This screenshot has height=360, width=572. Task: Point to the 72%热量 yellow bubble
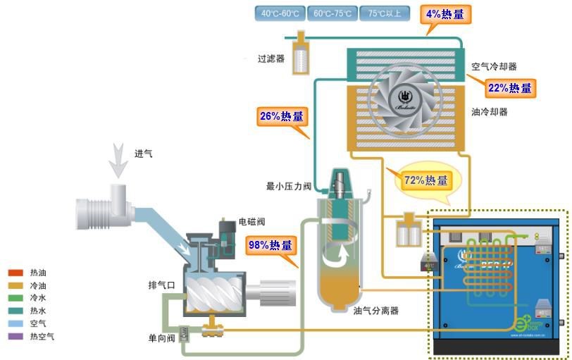click(425, 180)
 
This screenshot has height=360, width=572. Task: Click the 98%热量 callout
click(271, 245)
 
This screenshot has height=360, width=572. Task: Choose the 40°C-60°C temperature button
click(280, 13)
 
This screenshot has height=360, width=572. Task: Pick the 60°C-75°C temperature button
click(332, 13)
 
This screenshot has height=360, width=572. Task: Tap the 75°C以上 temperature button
click(383, 13)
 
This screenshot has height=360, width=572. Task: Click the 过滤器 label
click(271, 59)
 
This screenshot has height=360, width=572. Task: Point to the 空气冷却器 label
click(495, 67)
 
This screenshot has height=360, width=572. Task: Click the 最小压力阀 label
click(289, 187)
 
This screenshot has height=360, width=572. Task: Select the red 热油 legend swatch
click(16, 273)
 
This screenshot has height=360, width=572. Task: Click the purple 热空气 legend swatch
click(16, 336)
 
